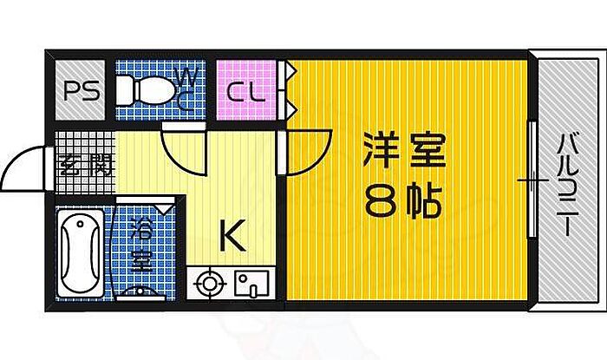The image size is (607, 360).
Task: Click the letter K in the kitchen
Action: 230,233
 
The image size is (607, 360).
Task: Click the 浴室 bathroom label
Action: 140,246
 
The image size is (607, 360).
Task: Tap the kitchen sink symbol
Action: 250,284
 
